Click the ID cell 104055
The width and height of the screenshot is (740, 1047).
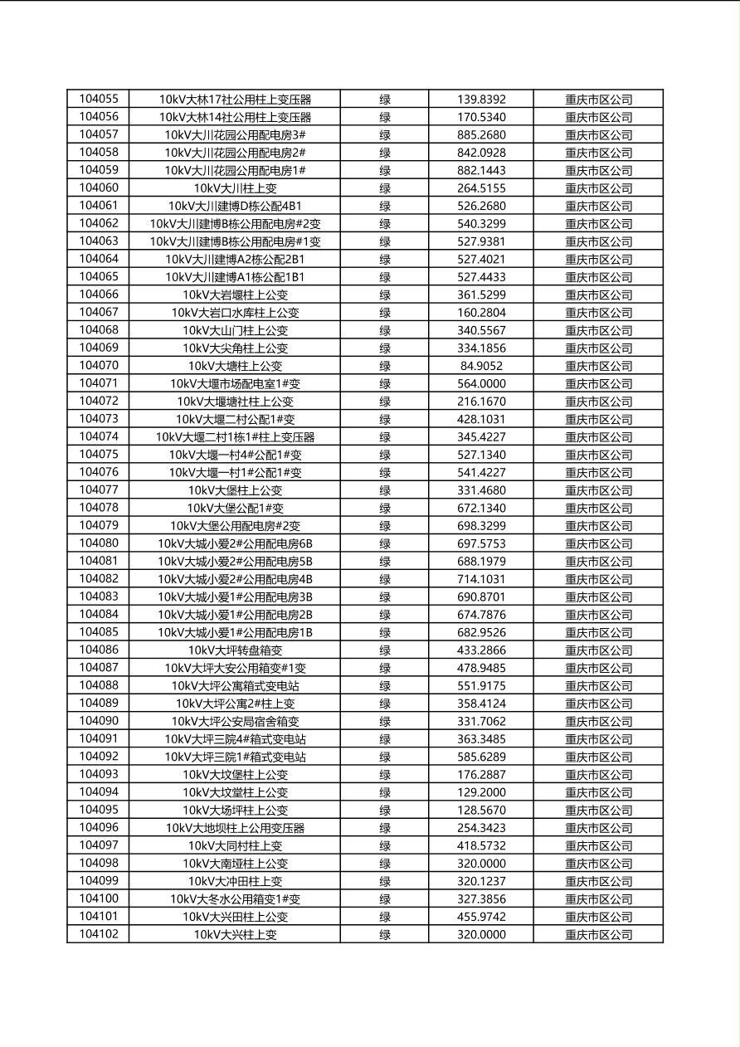coord(99,99)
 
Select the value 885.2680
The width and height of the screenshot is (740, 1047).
coord(481,134)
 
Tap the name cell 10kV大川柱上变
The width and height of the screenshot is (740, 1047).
coord(235,188)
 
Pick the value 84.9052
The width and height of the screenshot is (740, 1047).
coord(481,366)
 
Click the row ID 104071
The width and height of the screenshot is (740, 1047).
coord(99,383)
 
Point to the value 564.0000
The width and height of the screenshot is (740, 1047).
coord(481,383)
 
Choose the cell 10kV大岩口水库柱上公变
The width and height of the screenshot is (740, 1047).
coord(235,313)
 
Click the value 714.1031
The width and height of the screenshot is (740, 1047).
coord(481,579)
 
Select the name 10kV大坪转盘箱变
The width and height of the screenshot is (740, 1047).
coord(235,650)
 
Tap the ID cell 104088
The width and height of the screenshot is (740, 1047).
coord(99,685)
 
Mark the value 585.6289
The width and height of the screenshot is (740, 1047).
coord(481,757)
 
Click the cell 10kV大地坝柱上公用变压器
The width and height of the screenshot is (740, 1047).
coord(235,828)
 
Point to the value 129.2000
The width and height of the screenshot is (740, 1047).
coord(481,792)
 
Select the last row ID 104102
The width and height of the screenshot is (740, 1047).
coord(99,934)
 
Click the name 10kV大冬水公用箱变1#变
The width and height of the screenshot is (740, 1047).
coord(235,899)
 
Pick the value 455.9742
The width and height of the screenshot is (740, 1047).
coord(481,917)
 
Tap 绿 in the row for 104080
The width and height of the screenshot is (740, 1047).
coord(385,543)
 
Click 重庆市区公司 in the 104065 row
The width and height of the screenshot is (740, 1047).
coord(598,277)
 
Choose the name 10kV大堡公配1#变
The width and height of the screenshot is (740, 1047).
coord(235,508)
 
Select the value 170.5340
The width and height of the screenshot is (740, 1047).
coord(481,117)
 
